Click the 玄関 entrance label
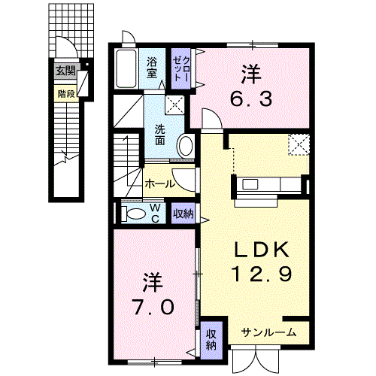coord(65,71)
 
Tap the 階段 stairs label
coord(66,94)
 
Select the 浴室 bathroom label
coord(152,67)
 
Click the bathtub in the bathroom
coord(126,68)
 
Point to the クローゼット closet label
coord(181,68)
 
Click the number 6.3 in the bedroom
coord(251,99)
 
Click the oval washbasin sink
coord(186,146)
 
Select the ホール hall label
coord(159,184)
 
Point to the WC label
coord(156,214)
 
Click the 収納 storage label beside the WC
coord(183,214)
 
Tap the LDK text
coord(262,250)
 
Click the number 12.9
coord(262,274)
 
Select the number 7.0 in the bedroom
coord(153,307)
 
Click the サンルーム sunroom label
coord(268,332)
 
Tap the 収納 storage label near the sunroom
coord(211,340)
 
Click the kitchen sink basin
coord(250,185)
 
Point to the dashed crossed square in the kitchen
coord(299,144)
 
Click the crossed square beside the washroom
coord(174,105)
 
